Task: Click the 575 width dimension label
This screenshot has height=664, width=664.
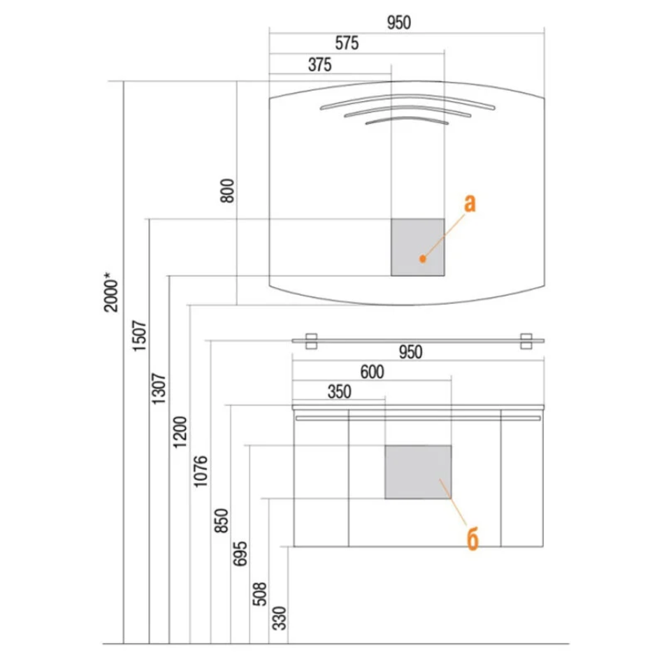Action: coord(347,43)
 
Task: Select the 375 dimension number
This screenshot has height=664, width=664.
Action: coord(319,65)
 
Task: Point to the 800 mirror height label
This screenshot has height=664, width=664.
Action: coord(227,191)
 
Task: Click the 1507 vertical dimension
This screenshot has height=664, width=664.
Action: coord(140,335)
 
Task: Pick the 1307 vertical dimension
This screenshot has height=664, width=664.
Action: coord(159,389)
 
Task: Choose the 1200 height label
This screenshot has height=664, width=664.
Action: coord(180,432)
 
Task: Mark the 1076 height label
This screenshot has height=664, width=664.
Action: coord(201,471)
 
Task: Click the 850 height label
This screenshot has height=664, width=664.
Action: coord(221,521)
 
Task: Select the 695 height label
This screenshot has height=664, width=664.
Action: coord(240,554)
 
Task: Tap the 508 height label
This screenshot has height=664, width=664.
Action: coord(259,593)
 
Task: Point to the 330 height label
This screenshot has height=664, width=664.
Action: coord(280,619)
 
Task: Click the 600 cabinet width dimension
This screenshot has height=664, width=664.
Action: coord(373,372)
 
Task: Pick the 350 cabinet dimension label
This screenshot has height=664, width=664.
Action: coord(339,391)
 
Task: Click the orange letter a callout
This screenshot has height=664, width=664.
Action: coord(470,203)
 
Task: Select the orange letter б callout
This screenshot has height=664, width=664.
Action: coord(472,539)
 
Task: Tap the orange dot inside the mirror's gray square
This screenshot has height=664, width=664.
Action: coord(422,259)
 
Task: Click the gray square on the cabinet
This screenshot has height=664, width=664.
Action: coord(418,472)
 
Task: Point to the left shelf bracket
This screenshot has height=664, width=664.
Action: coord(311,341)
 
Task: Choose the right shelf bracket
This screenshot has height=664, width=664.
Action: coord(526,341)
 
